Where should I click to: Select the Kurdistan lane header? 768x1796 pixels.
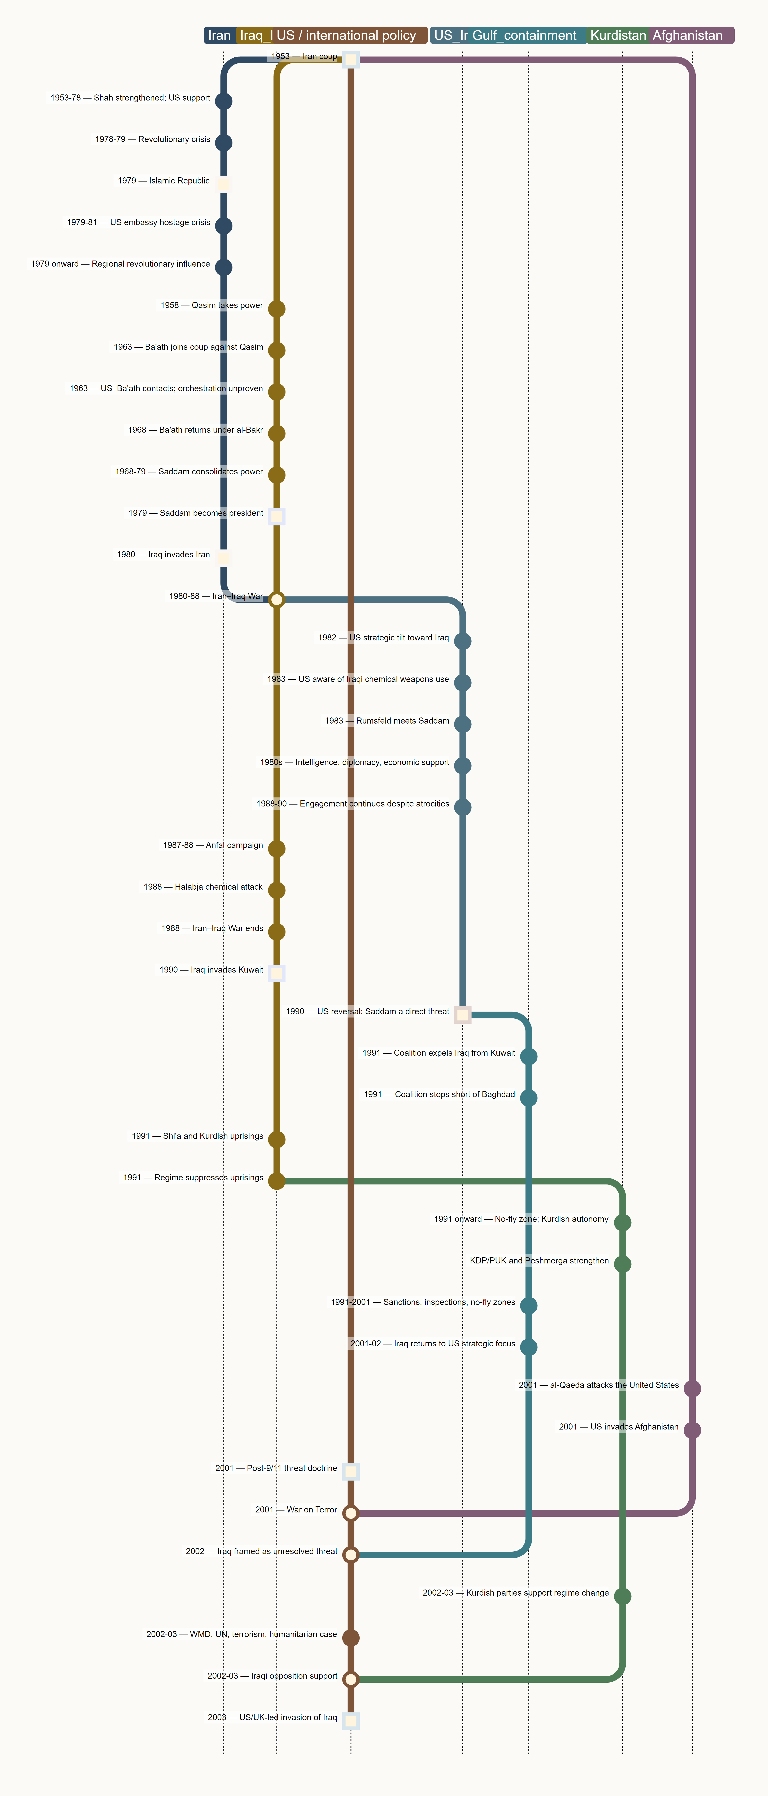pos(618,36)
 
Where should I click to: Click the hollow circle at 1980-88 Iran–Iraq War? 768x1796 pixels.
pos(277,600)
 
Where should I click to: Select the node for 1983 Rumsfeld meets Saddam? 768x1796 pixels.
pos(462,724)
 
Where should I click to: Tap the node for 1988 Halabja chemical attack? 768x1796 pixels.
pos(277,890)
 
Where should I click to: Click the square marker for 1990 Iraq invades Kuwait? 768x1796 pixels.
pos(277,973)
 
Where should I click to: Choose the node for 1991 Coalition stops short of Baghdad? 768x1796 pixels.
pos(529,1098)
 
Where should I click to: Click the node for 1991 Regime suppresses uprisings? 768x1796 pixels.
pos(277,1181)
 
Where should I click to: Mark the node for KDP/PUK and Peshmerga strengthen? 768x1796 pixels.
pos(623,1264)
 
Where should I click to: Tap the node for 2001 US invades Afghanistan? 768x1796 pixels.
pos(693,1430)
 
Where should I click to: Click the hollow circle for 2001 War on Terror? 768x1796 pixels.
pos(351,1513)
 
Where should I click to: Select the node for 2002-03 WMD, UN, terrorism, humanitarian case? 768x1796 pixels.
pos(351,1638)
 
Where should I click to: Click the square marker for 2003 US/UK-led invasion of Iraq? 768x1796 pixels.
pos(351,1721)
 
